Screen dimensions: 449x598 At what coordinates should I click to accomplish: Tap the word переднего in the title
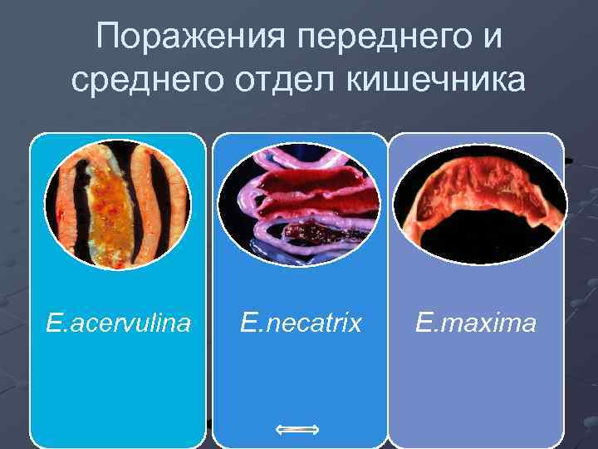[380, 37]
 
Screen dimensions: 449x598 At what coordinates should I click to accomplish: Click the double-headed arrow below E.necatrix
[297, 429]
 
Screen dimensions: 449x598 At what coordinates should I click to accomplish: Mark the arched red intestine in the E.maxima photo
[479, 187]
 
